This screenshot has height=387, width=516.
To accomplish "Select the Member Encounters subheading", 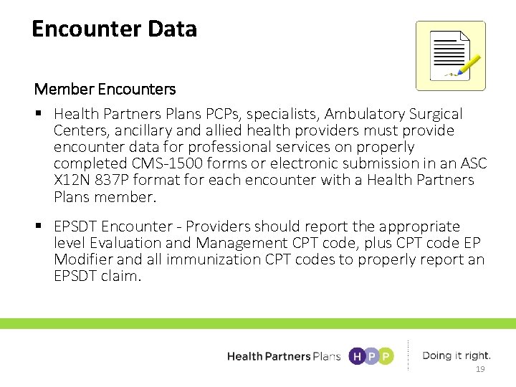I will click(x=105, y=90).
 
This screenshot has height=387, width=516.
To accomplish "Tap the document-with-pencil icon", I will click(x=450, y=56).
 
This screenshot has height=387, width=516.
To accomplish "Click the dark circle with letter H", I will click(x=356, y=356).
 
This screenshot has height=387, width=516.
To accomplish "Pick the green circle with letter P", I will click(x=386, y=356).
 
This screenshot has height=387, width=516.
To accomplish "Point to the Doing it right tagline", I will click(x=457, y=355).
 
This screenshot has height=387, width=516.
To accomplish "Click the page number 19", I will click(x=480, y=370).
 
